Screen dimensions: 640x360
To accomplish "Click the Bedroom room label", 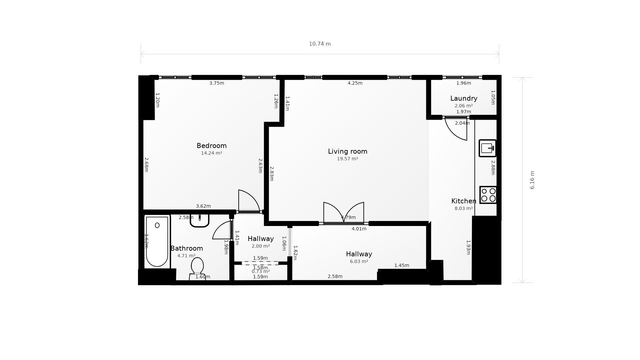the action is pos(212,146).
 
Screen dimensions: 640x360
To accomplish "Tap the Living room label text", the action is pos(348,152).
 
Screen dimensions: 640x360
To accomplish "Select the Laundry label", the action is pos(464,99).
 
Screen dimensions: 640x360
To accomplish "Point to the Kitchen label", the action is pos(464,201).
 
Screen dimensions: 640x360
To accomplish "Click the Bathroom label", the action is pos(187,248).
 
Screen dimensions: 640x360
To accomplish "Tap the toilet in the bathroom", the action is pos(197,269).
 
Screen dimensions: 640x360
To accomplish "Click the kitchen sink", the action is pos(488,148).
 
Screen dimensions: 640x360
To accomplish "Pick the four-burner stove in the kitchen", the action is pos(488,195).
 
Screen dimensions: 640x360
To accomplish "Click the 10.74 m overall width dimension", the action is pos(320,44).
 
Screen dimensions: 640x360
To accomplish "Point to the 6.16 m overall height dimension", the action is pos(532,180).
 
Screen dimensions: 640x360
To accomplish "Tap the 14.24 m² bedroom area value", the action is pos(212,153).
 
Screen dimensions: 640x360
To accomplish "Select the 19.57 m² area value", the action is pos(348,159).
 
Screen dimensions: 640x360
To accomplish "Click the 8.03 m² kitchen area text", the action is pos(464,208).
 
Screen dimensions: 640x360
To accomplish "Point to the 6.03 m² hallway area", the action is pos(359,261).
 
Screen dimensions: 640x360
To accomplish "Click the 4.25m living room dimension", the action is pos(355,83).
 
